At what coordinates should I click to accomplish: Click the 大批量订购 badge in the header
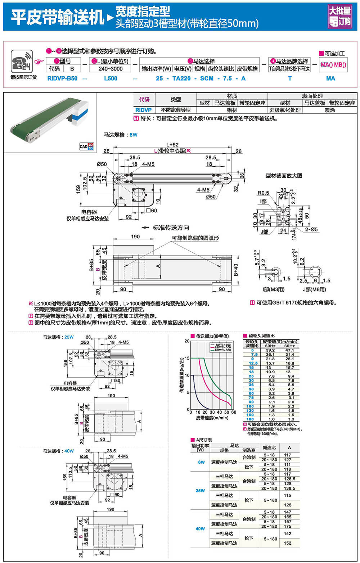pos(339,16)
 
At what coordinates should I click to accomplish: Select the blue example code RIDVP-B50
pos(62,78)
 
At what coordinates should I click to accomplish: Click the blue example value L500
pos(110,78)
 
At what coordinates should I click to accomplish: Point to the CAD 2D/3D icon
pos(86,146)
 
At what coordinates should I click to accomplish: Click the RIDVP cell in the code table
pos(143,110)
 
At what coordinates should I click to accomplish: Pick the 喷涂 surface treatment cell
pos(330,110)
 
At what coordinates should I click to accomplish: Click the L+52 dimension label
pos(172,144)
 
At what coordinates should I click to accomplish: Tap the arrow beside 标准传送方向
pos(145,228)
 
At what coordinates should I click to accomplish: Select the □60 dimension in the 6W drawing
pos(151,211)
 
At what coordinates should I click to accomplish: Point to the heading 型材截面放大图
pos(284,176)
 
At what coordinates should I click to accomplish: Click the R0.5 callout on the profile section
pos(263,193)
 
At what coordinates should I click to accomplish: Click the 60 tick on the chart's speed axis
pos(234,412)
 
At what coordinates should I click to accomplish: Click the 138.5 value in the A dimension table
pos(289,488)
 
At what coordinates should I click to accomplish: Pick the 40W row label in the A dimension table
pos(200,529)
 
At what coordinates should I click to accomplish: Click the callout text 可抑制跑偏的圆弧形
pos(195,238)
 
